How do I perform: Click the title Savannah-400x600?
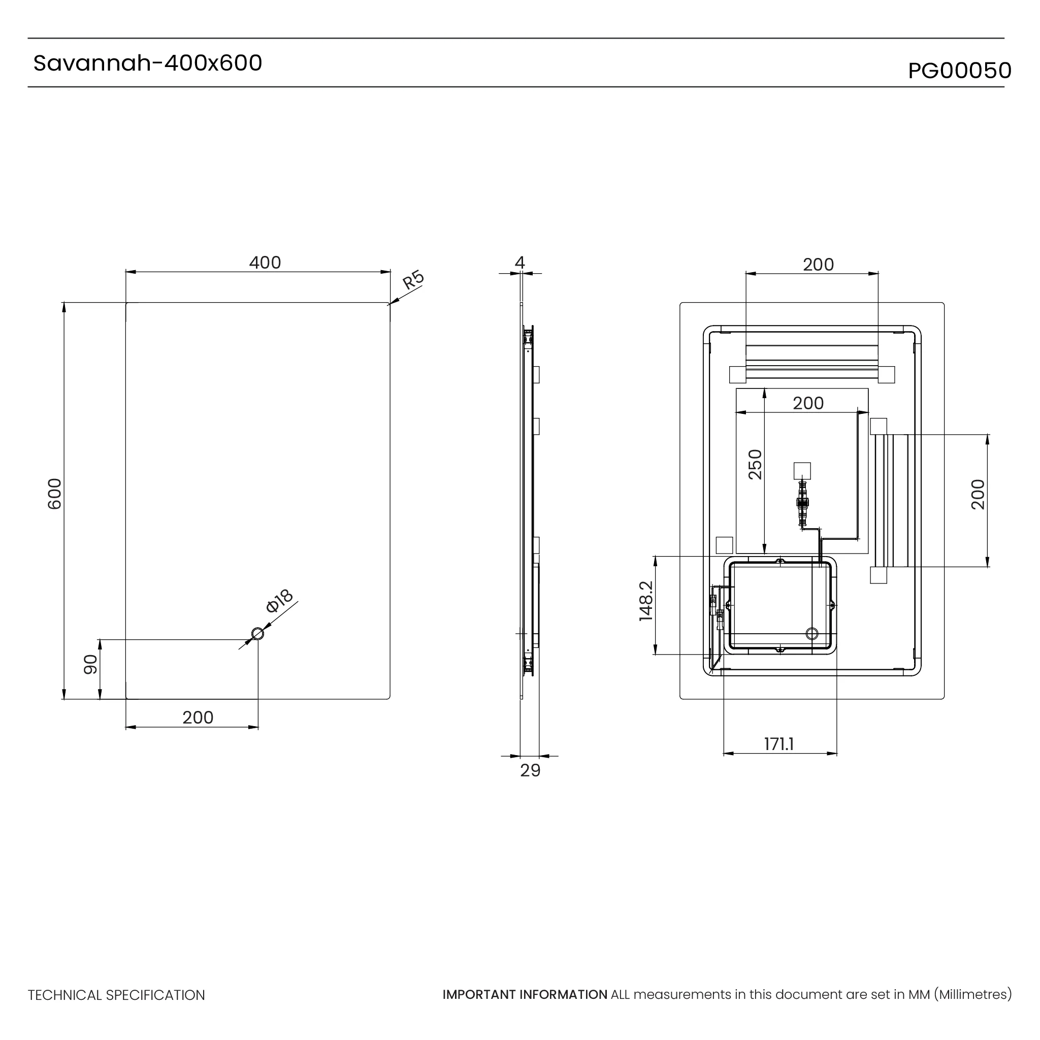[x=147, y=63]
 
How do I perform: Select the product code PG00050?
[x=959, y=71]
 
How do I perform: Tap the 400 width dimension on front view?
[x=265, y=263]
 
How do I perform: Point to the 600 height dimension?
[x=55, y=493]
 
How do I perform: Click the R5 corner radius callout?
[x=413, y=280]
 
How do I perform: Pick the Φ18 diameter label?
[x=279, y=601]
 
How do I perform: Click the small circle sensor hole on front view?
[x=258, y=634]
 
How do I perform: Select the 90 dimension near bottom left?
[x=90, y=664]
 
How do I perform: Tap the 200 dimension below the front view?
[x=198, y=718]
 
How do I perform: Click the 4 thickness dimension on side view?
[x=519, y=263]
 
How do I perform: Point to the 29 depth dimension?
[x=530, y=771]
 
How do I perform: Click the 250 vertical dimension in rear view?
[x=755, y=464]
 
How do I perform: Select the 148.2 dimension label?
[x=646, y=601]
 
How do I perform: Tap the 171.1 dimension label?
[x=779, y=744]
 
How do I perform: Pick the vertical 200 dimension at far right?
[x=978, y=494]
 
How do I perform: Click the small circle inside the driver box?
[x=811, y=634]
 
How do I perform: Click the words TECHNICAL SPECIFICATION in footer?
[x=116, y=995]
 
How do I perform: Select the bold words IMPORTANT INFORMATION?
[x=525, y=995]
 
